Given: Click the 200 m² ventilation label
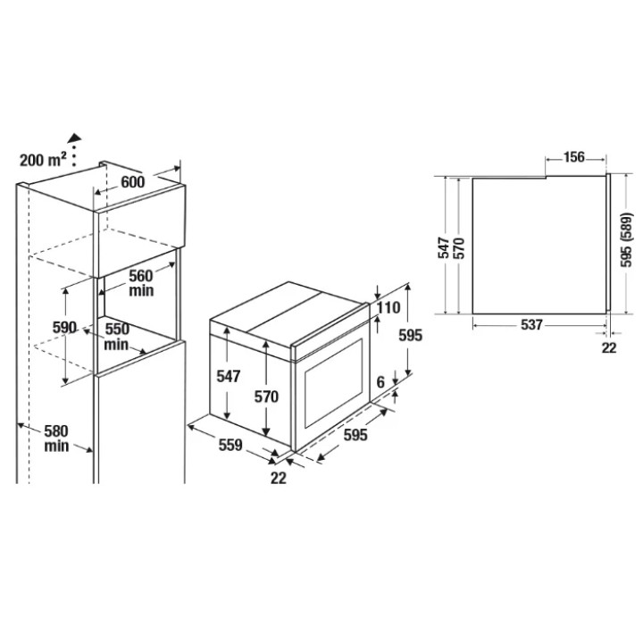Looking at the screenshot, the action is [x=43, y=160].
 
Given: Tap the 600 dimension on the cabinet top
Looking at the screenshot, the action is [x=133, y=181].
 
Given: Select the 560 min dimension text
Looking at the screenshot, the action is [x=141, y=283].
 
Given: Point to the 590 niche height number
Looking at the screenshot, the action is [x=64, y=327].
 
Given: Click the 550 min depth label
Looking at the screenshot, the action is [x=116, y=337].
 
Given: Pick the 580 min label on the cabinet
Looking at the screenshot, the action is [x=56, y=438].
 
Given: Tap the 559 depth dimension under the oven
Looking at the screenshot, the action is [x=230, y=445].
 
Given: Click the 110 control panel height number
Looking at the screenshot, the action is [x=388, y=307].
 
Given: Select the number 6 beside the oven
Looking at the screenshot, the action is [x=380, y=382].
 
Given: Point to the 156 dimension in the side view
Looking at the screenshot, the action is [x=574, y=157].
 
